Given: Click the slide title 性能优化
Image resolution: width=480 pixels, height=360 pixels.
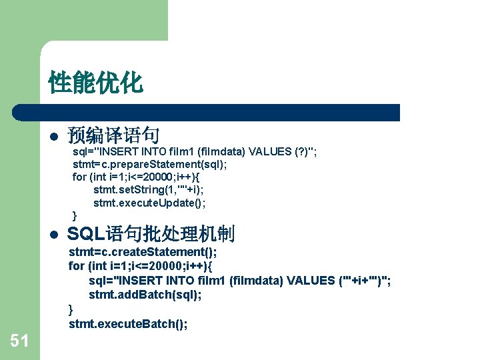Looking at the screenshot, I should tap(95, 83).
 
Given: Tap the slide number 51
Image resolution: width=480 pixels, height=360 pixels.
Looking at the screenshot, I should tap(20, 341).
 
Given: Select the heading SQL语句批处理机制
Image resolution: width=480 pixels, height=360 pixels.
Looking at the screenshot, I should tap(151, 234).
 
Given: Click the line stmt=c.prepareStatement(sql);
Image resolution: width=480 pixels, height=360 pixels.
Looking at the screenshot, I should tap(149, 164).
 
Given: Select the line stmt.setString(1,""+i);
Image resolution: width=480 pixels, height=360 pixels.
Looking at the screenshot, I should tap(148, 190).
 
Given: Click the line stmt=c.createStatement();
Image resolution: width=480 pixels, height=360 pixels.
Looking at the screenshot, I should tap(143, 252).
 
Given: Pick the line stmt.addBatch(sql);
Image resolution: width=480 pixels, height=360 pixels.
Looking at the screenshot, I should tap(145, 295).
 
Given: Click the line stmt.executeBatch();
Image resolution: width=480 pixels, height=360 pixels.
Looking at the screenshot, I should tap(128, 324).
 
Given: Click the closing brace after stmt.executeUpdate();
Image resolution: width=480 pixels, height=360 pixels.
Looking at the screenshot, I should tap(75, 215).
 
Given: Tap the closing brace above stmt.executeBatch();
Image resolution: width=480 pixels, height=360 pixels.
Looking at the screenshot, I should tap(71, 309).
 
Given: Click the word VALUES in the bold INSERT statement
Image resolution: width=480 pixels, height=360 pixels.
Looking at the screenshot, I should tap(312, 281).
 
